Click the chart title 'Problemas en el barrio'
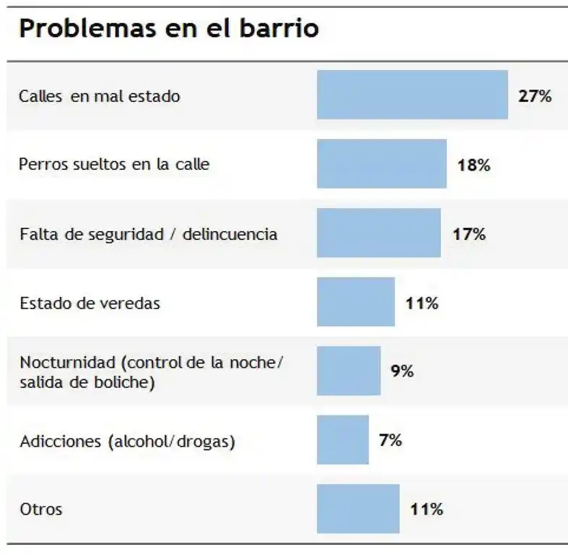[x=169, y=29]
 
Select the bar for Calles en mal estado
[x=412, y=95]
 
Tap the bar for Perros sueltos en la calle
[x=381, y=164]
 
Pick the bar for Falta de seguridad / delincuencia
[x=378, y=233]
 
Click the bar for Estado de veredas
[x=355, y=302]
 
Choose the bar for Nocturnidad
[x=348, y=371]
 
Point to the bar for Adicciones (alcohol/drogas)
[x=342, y=439]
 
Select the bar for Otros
[x=357, y=509]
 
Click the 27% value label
[x=535, y=96]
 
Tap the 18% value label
[x=473, y=165]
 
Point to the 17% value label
[x=468, y=233]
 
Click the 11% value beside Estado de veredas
[x=421, y=303]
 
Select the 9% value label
[x=402, y=371]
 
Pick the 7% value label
[x=390, y=439]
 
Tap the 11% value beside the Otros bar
[x=426, y=509]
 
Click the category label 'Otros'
[x=41, y=509]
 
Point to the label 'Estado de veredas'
[x=90, y=304]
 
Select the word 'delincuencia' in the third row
[x=230, y=234]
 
